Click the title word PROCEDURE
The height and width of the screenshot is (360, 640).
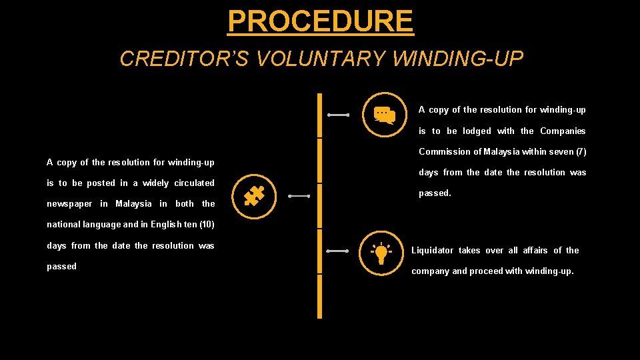tap(320, 21)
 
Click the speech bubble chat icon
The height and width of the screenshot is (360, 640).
tap(383, 115)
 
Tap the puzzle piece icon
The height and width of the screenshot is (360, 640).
tap(254, 196)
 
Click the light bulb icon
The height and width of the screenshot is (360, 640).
tap(381, 252)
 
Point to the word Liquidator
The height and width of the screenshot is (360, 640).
tap(432, 251)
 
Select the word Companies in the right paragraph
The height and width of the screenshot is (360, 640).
tap(563, 131)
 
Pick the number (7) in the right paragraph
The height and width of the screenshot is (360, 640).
tap(580, 151)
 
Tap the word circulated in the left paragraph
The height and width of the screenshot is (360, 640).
tap(194, 183)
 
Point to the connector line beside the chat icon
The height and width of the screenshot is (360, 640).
tap(339, 115)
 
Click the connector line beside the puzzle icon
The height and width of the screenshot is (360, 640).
tap(299, 196)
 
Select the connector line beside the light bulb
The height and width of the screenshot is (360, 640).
tap(339, 251)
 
